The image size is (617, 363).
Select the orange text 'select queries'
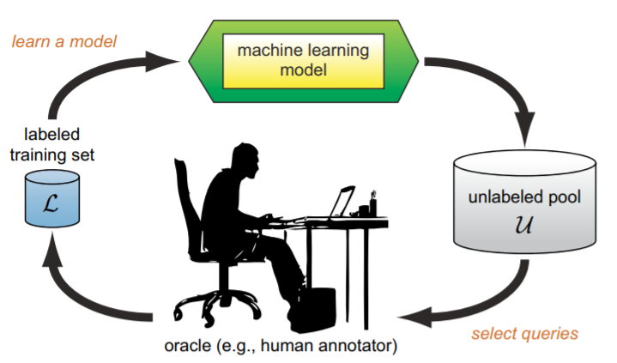click(523, 333)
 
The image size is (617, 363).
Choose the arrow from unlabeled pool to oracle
click(481, 305)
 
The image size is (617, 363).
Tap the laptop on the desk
click(339, 204)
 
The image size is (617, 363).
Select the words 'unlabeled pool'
click(524, 197)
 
